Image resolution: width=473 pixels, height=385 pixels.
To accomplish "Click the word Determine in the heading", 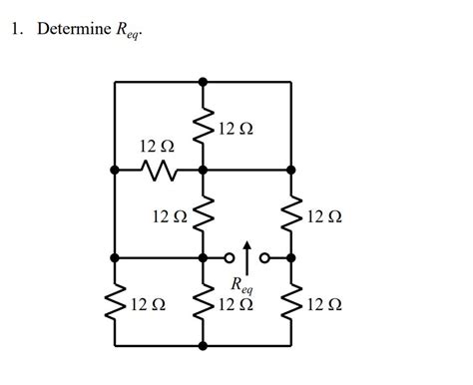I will (75, 29).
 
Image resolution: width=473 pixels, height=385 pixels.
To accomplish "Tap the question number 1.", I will (16, 29).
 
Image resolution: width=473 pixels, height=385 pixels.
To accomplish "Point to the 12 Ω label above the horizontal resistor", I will (158, 148).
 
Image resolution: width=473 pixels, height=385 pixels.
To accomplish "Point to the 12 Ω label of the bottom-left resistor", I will (148, 303).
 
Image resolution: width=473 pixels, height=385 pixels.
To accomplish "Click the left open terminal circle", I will (229, 257).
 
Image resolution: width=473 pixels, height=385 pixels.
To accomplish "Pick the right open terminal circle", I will (264, 257).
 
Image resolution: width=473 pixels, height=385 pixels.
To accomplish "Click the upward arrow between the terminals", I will (246, 253).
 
